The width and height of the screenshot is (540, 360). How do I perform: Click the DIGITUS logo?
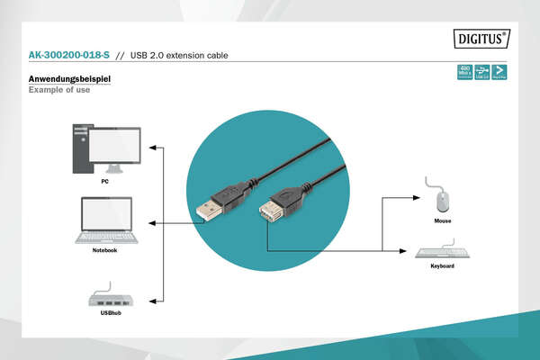pyautogui.click(x=481, y=40)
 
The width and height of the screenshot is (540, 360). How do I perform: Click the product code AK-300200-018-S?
pyautogui.click(x=69, y=56)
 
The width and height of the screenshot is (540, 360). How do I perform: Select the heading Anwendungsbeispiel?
pyautogui.click(x=69, y=79)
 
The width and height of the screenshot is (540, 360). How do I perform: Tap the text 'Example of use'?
pyautogui.click(x=59, y=90)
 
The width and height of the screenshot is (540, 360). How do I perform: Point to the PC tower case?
pyautogui.click(x=83, y=149)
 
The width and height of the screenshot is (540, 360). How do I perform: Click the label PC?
pyautogui.click(x=105, y=181)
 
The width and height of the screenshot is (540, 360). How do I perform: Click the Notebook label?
pyautogui.click(x=104, y=250)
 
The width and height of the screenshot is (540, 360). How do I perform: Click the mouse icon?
pyautogui.click(x=442, y=197)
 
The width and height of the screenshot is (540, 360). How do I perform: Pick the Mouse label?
pyautogui.click(x=442, y=220)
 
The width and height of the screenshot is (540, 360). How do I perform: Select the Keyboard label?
pyautogui.click(x=443, y=266)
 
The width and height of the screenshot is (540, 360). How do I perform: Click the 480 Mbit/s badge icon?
pyautogui.click(x=465, y=72)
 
